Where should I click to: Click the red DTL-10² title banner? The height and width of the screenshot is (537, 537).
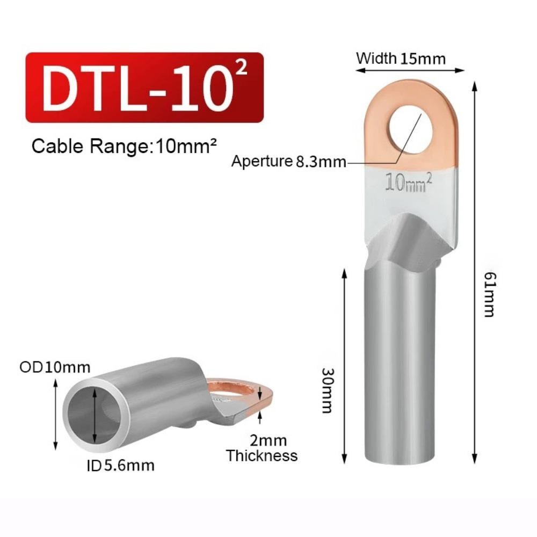click(x=144, y=88)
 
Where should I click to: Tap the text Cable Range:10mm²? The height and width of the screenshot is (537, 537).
click(x=124, y=146)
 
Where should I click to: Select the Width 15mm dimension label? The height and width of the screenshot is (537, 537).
click(x=401, y=58)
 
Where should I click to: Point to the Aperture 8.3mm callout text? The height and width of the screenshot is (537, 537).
click(x=289, y=161)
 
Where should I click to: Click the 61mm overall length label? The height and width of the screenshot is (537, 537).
click(x=490, y=295)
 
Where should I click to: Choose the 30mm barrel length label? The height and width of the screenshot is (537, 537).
click(x=328, y=390)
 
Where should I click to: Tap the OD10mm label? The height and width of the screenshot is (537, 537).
click(x=55, y=367)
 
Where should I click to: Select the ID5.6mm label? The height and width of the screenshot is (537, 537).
click(x=120, y=466)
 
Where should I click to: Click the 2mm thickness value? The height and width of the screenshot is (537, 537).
click(x=268, y=440)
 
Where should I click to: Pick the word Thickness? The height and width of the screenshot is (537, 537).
click(x=262, y=456)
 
